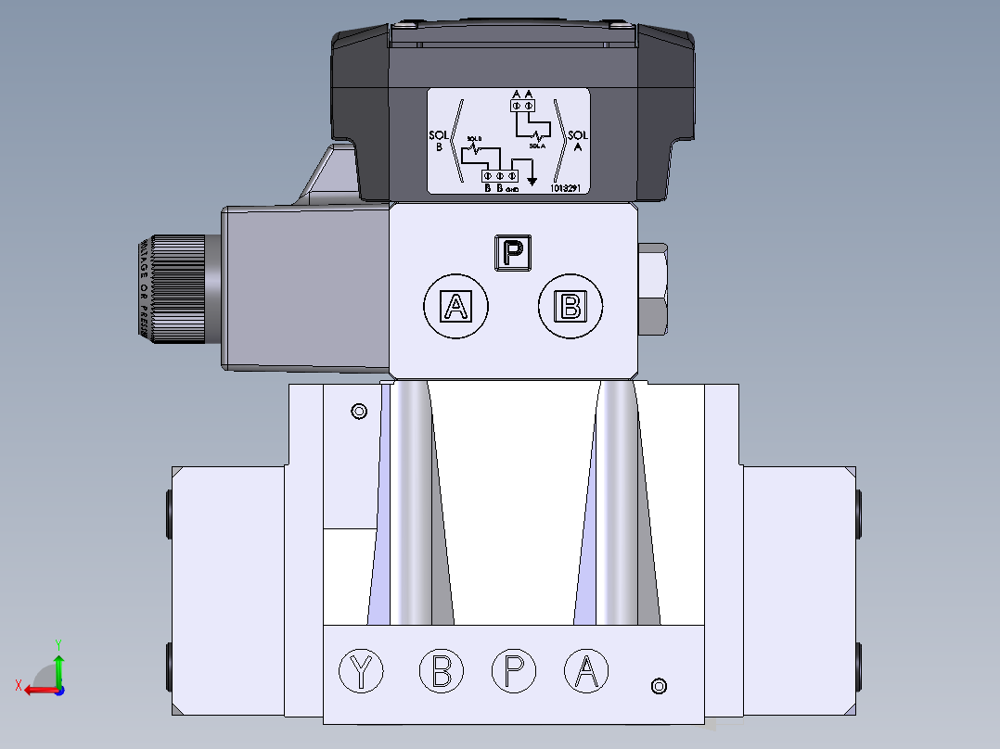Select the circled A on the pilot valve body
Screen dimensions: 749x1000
click(x=455, y=306)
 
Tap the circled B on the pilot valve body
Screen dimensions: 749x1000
click(x=571, y=306)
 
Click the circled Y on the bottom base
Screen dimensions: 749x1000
click(x=362, y=671)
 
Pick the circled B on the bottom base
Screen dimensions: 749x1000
click(x=442, y=671)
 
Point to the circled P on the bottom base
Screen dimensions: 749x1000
click(x=513, y=671)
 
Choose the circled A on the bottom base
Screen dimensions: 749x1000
click(x=586, y=671)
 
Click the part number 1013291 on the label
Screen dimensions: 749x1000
click(x=567, y=187)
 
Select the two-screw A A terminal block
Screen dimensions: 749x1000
click(x=522, y=107)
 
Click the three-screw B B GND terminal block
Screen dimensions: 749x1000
click(x=499, y=175)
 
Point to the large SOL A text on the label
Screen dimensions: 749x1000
click(x=577, y=140)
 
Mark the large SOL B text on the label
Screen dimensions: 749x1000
click(x=439, y=140)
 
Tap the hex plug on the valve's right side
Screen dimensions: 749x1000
click(x=653, y=289)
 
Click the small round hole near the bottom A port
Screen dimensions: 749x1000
click(x=659, y=686)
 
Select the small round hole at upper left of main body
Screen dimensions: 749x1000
click(x=359, y=412)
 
